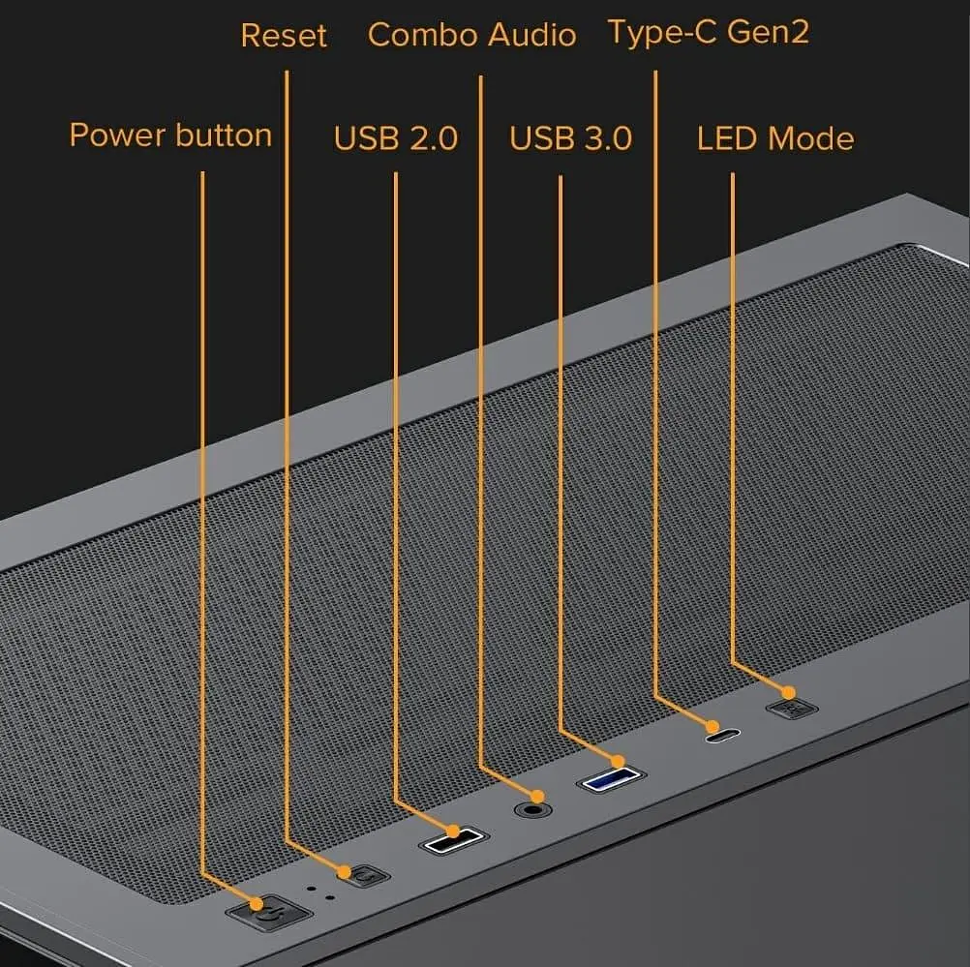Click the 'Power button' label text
click(x=170, y=136)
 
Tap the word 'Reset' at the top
click(x=284, y=35)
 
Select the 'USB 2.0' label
click(x=396, y=138)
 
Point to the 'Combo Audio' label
click(x=472, y=35)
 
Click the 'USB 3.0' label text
click(x=571, y=138)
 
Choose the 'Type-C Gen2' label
click(x=709, y=32)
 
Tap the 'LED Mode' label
click(x=775, y=138)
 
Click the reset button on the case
click(x=366, y=876)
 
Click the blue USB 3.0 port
click(x=611, y=779)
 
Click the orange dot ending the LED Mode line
click(x=789, y=692)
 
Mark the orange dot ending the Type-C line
click(x=713, y=726)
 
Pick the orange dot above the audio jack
click(x=537, y=797)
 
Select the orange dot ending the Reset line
click(x=345, y=872)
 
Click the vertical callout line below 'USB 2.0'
click(x=396, y=486)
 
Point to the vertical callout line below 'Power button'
click(x=202, y=523)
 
